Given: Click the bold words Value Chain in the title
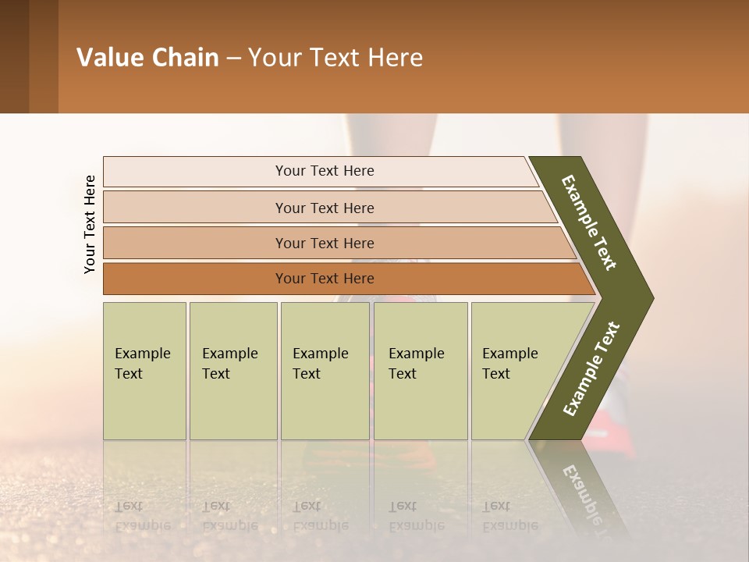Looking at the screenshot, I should coord(147,58).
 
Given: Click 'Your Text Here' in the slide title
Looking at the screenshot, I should coord(335,58).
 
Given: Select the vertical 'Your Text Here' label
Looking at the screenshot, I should coord(90,224).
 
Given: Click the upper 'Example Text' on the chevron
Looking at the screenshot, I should coord(589,222).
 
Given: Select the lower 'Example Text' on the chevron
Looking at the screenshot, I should coord(591,369).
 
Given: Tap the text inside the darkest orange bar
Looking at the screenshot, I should coord(325,279).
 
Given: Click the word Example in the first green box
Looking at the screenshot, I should coord(142,354).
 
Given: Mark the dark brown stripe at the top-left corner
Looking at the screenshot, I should coord(14,56).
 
